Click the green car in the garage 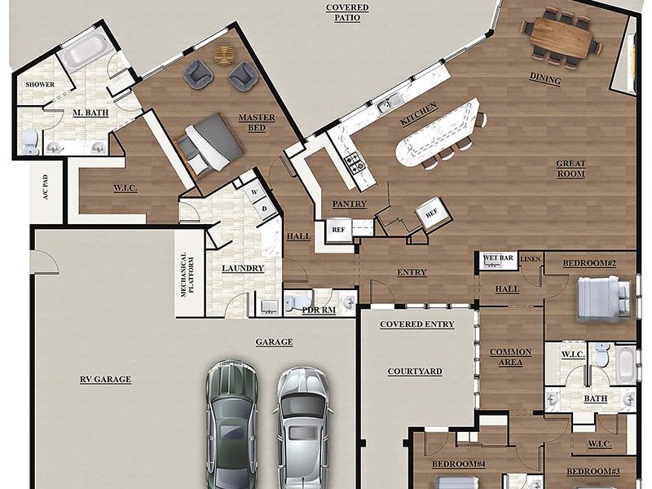pyautogui.click(x=232, y=424)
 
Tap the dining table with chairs pyautogui.click(x=562, y=37)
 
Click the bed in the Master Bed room pyautogui.click(x=210, y=143)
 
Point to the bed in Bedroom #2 pyautogui.click(x=603, y=298)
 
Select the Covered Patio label pyautogui.click(x=347, y=12)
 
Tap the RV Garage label pyautogui.click(x=105, y=379)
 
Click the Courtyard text pyautogui.click(x=415, y=372)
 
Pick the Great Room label pyautogui.click(x=570, y=169)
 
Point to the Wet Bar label pyautogui.click(x=498, y=258)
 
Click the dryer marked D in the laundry pyautogui.click(x=263, y=209)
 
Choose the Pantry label pyautogui.click(x=350, y=204)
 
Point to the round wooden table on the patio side pyautogui.click(x=224, y=54)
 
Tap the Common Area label pyautogui.click(x=510, y=357)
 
